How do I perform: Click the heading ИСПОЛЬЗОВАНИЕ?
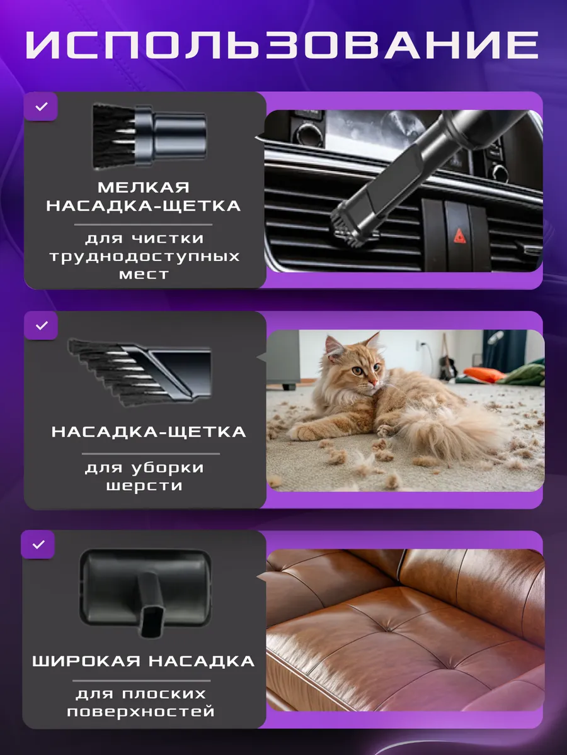[x=282, y=45]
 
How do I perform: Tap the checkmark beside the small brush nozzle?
[x=42, y=106]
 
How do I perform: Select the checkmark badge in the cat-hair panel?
[x=42, y=325]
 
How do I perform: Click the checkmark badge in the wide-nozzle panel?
[x=38, y=544]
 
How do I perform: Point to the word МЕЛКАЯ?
[x=144, y=187]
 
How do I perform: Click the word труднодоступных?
[x=145, y=257]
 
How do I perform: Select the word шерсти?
[x=144, y=486]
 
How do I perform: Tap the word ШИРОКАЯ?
[x=86, y=661]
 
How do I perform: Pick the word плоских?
[x=164, y=693]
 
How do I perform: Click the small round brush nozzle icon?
[x=149, y=135]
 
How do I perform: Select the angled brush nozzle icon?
[x=139, y=372]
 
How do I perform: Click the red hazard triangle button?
[x=459, y=237]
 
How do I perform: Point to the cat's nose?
[x=372, y=383]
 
